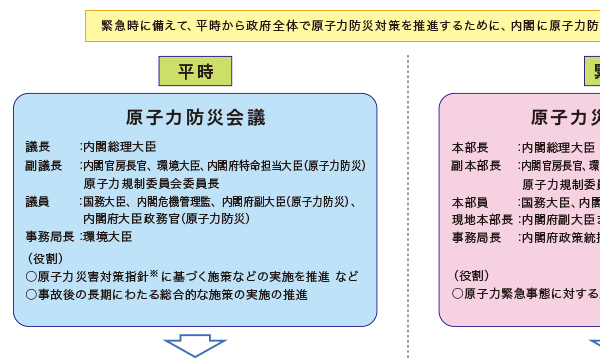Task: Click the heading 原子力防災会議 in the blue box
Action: pyautogui.click(x=196, y=118)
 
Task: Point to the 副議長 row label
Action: pyautogui.click(x=43, y=165)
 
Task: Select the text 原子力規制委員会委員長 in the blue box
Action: pyautogui.click(x=151, y=183)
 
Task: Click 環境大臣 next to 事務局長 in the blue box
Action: pyautogui.click(x=107, y=237)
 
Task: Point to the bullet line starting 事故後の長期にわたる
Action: pyautogui.click(x=166, y=295)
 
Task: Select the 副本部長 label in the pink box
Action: pyautogui.click(x=475, y=165)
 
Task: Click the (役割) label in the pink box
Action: pyautogui.click(x=472, y=275)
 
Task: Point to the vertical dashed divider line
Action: pyautogui.click(x=408, y=200)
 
